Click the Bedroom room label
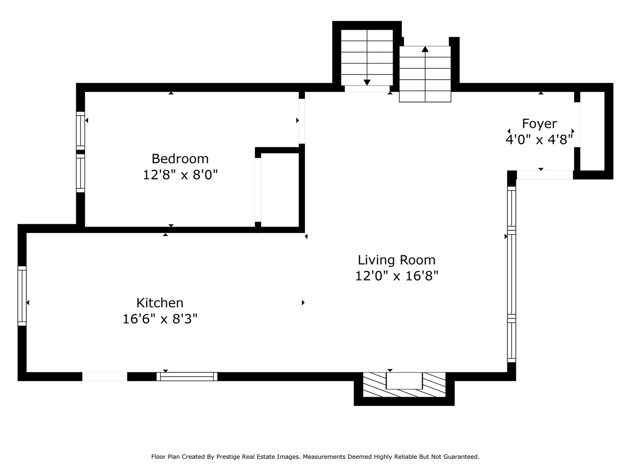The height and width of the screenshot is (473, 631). point(180,158)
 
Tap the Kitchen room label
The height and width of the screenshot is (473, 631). point(160,303)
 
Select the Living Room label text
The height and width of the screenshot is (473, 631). point(397,260)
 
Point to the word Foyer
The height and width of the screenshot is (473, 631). point(539,124)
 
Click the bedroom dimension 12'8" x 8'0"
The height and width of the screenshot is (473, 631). point(180,175)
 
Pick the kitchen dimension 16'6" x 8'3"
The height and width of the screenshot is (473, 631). point(160,319)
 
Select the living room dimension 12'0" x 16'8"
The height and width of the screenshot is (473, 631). point(397,276)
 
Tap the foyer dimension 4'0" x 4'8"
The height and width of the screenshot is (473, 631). point(539,140)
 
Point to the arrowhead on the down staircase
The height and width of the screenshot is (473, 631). point(367,82)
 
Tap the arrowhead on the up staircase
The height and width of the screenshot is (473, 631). point(425,49)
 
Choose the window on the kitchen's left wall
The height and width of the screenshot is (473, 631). point(22,296)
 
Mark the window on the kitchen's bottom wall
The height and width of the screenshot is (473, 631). point(187,376)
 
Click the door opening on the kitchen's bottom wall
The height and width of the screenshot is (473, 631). point(105,376)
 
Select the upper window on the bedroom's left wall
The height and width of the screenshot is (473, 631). point(80,130)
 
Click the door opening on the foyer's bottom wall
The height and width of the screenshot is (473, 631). point(545,175)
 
